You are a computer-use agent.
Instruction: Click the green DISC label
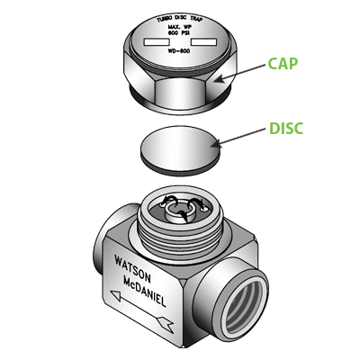click(286, 129)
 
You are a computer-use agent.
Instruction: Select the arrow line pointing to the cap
click(243, 73)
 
